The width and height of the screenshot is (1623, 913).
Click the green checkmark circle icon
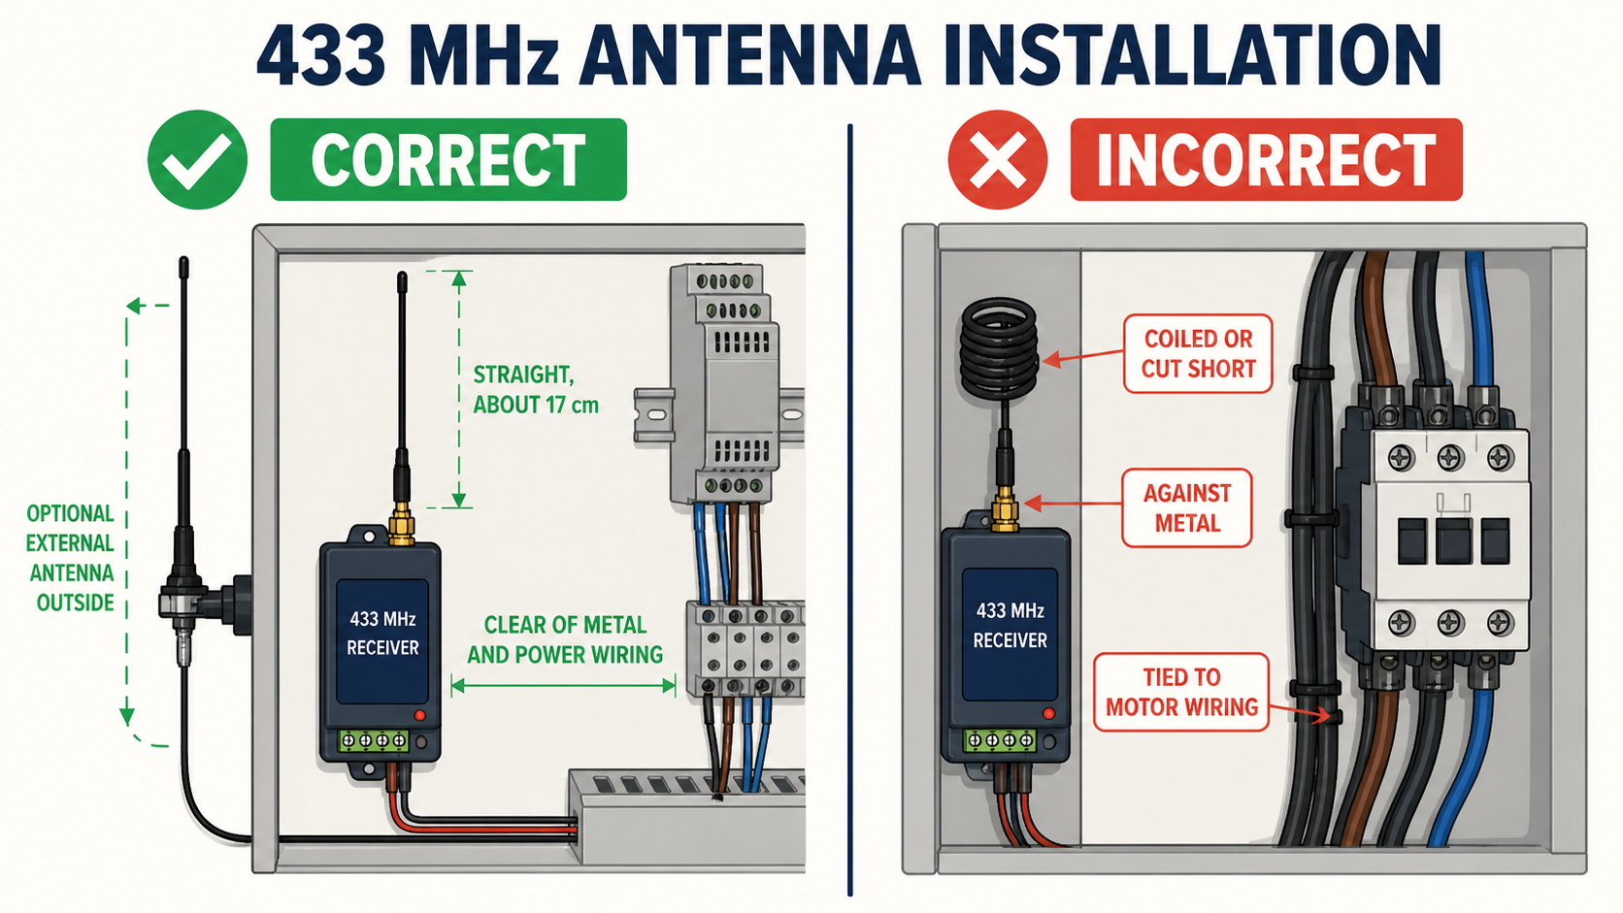[197, 160]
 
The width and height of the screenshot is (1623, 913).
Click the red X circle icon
[998, 160]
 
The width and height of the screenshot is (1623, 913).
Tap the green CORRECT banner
[448, 159]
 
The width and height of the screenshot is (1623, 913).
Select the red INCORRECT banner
[1267, 159]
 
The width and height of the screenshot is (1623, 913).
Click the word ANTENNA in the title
[750, 55]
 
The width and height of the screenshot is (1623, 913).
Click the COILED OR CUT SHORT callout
[1199, 354]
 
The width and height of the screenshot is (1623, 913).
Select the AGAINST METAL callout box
[1187, 507]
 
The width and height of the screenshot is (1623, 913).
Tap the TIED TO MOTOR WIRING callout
[1181, 692]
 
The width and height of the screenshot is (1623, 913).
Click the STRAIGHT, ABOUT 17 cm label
[536, 389]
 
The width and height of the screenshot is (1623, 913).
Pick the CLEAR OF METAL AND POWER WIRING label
[564, 640]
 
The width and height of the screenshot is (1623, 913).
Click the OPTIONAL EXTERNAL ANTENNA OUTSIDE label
[70, 558]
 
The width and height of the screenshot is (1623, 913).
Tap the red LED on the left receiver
[419, 715]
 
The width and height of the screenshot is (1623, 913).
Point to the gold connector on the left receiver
[401, 527]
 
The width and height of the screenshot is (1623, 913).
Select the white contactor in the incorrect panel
[1446, 539]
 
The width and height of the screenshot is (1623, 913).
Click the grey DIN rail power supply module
[724, 384]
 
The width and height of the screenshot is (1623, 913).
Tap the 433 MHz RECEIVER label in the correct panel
[382, 634]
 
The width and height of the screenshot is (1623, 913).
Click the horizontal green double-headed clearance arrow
[563, 686]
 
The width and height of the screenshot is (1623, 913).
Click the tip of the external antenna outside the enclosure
[184, 259]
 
